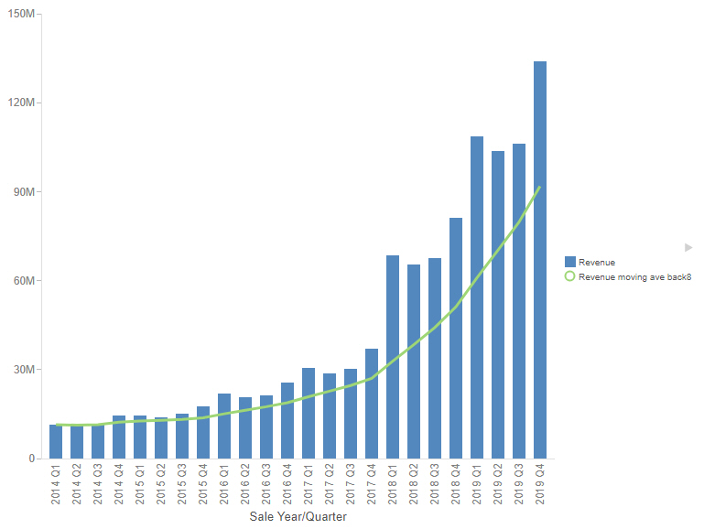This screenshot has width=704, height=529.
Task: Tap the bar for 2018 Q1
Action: click(393, 357)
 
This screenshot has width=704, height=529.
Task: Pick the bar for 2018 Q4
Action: click(456, 338)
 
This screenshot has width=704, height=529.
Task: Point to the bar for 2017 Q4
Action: click(372, 404)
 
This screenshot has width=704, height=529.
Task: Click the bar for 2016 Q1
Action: click(224, 426)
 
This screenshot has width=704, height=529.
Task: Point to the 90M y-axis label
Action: click(23, 192)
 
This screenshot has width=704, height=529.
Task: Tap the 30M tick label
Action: click(23, 370)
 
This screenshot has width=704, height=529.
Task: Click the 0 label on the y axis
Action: click(31, 459)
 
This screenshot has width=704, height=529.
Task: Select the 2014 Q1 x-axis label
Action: click(56, 484)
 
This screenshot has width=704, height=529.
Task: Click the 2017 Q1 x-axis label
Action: click(309, 484)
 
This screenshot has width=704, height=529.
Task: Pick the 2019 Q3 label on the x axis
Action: click(519, 484)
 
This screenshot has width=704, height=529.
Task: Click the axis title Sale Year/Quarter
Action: click(298, 517)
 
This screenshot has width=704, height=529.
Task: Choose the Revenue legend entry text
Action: click(597, 263)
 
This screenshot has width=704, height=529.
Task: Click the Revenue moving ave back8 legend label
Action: click(634, 276)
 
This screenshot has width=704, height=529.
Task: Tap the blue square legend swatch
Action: click(569, 263)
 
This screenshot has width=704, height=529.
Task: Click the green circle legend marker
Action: click(569, 276)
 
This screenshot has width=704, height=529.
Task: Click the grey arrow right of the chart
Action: click(688, 247)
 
